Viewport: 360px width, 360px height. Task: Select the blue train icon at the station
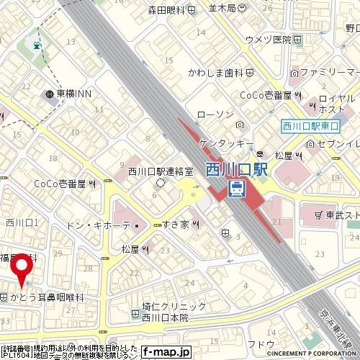pyautogui.click(x=235, y=189)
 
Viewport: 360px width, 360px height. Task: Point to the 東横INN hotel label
pyautogui.click(x=71, y=94)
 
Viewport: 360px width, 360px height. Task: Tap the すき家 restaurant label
pyautogui.click(x=176, y=225)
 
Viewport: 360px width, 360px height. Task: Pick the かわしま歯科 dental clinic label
pyautogui.click(x=215, y=73)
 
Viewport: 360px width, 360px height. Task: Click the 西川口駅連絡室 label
pyautogui.click(x=161, y=171)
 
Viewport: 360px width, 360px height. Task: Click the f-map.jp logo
pyautogui.click(x=165, y=352)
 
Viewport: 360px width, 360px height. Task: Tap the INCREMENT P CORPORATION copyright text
pyautogui.click(x=312, y=354)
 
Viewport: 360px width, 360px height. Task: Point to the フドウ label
pyautogui.click(x=261, y=344)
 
